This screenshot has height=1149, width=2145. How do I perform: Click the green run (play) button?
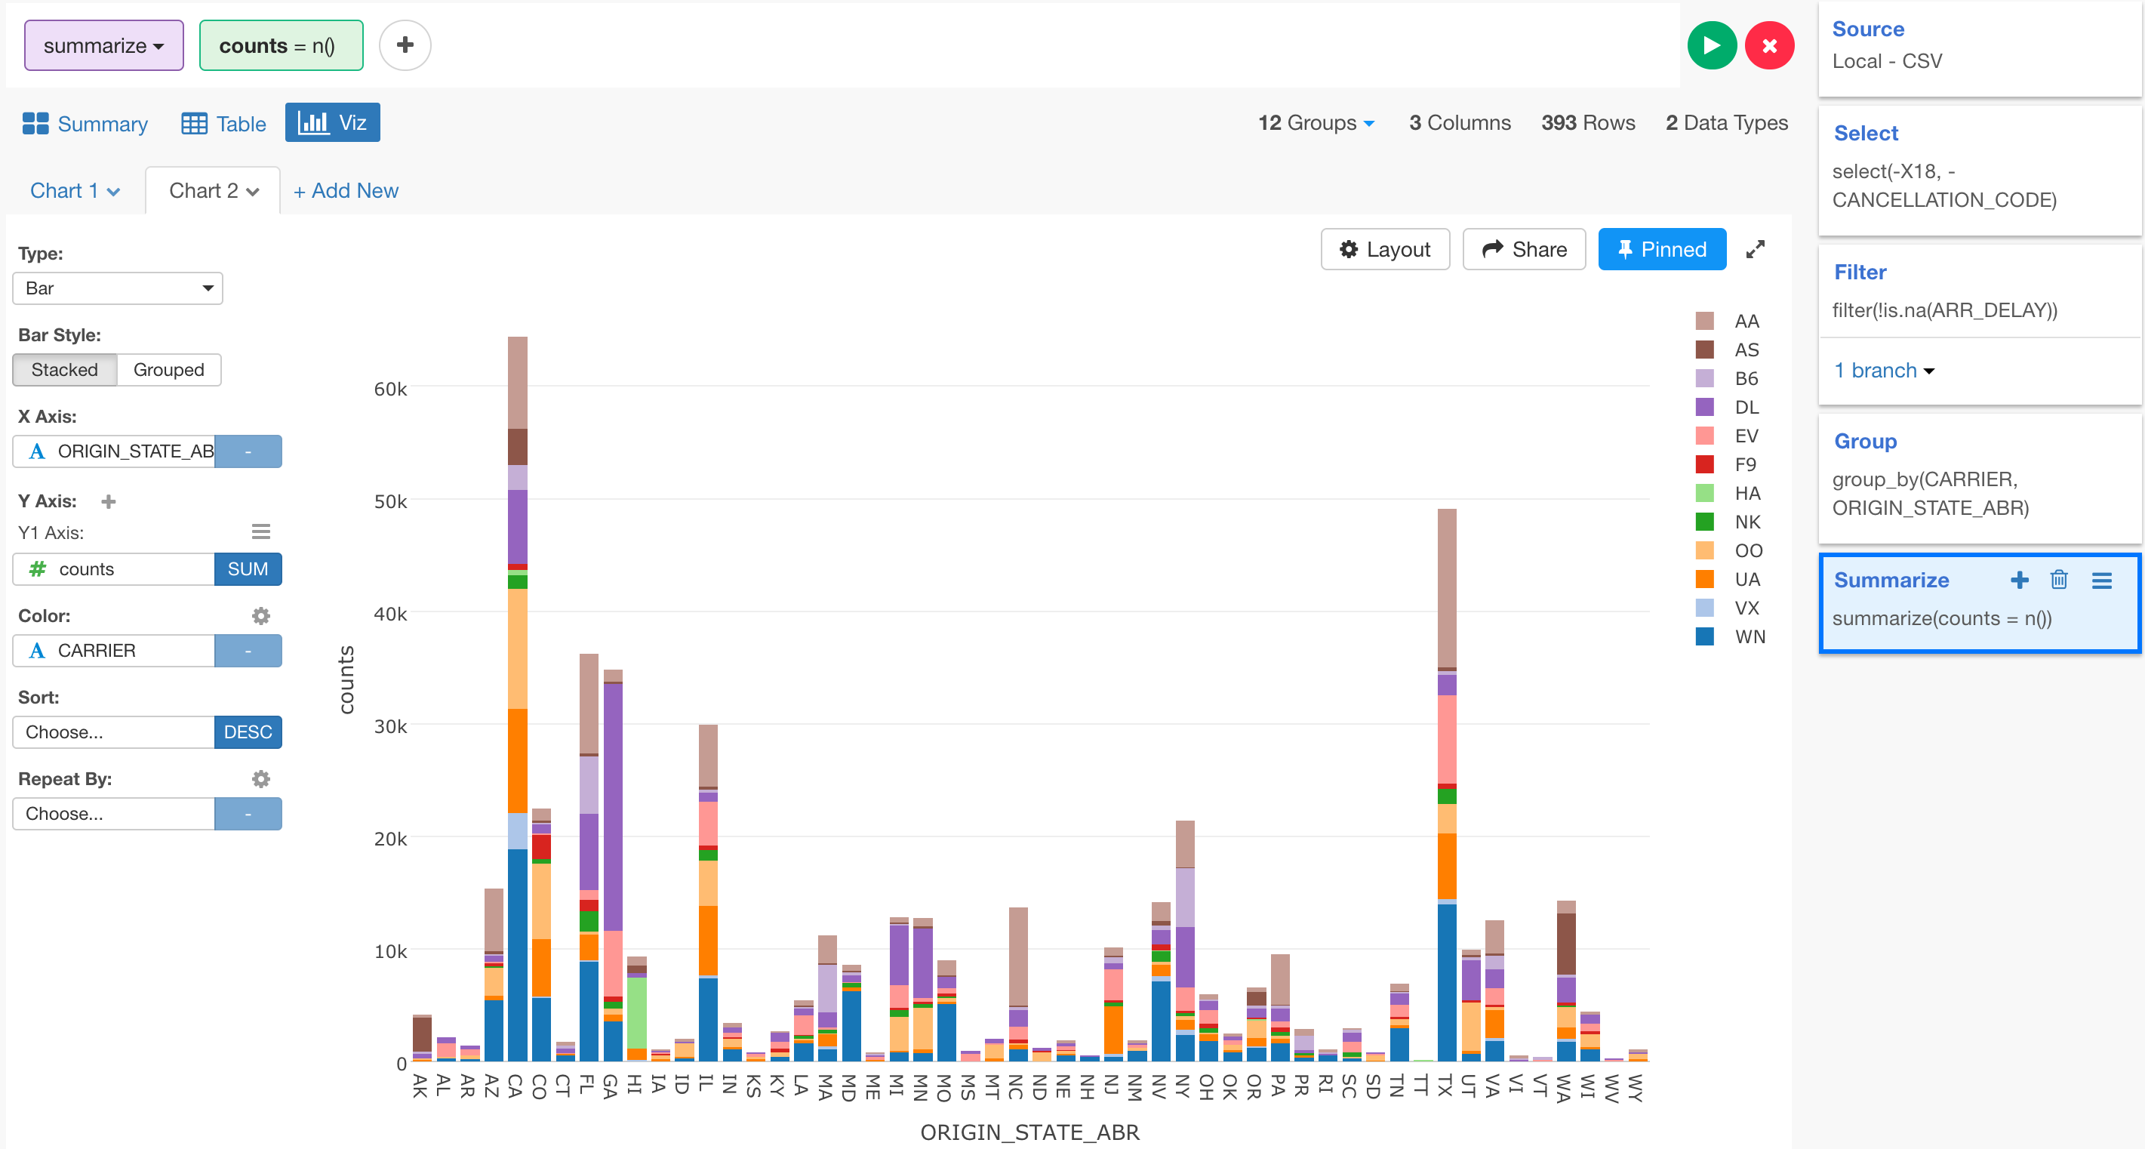(x=1711, y=46)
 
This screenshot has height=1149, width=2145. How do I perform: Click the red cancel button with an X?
(x=1769, y=46)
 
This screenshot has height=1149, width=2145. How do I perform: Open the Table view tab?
(x=224, y=123)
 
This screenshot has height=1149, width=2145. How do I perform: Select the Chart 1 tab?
(x=74, y=191)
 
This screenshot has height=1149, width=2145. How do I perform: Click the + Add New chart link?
(x=346, y=191)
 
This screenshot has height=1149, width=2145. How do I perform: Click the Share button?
(x=1524, y=249)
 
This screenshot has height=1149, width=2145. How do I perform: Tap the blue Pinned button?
(x=1661, y=249)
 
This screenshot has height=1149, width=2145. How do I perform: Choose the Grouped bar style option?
(x=168, y=370)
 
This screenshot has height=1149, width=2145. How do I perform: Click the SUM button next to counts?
(x=248, y=568)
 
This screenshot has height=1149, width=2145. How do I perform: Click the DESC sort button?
(x=248, y=732)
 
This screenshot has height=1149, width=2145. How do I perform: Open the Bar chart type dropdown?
(x=118, y=288)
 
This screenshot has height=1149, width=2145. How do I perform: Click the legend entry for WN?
(x=1748, y=637)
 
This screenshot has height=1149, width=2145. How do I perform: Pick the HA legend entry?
(x=1746, y=494)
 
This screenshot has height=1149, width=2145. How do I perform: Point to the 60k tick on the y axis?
(x=389, y=389)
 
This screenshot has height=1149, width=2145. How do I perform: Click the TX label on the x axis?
(x=1445, y=1085)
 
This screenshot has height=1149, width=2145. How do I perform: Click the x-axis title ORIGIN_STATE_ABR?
(x=1029, y=1132)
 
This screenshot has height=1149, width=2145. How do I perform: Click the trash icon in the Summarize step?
(x=2058, y=580)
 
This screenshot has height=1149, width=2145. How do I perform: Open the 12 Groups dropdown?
(x=1316, y=123)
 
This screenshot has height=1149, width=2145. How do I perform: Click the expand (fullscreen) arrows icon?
(x=1756, y=249)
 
